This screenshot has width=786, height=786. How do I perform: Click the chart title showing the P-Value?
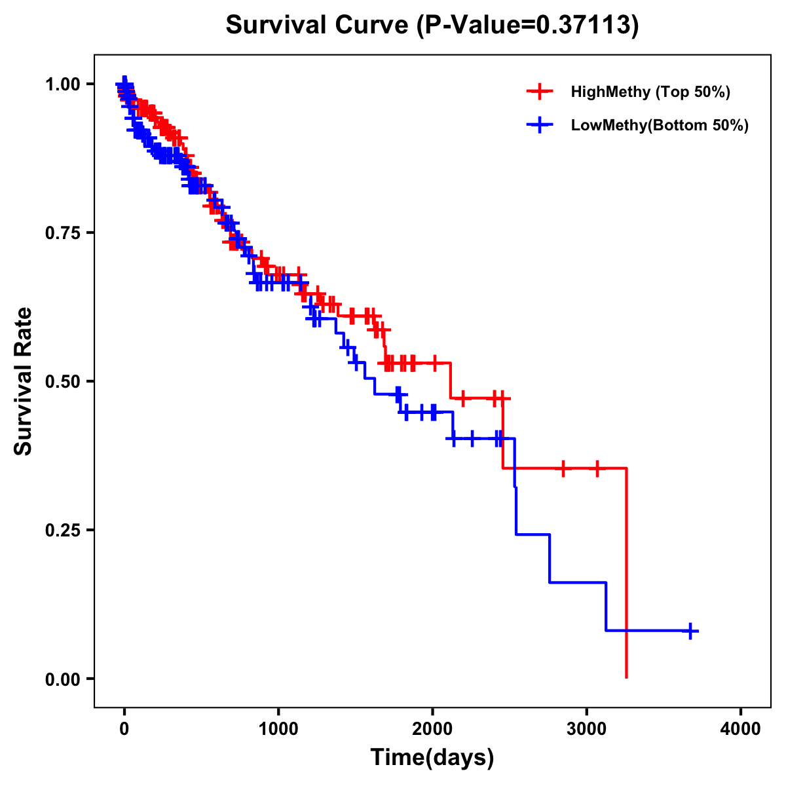tap(432, 25)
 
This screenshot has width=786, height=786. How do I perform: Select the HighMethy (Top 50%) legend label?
tap(650, 92)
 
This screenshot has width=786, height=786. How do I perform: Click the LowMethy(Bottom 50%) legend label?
tap(660, 125)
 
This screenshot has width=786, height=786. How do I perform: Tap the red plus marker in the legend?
tap(540, 92)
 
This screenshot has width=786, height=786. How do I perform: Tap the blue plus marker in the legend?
tap(540, 125)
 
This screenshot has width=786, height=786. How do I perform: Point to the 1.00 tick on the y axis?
tap(63, 84)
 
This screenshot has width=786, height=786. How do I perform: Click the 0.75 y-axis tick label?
tap(63, 233)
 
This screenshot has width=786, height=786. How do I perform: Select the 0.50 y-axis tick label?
tap(63, 382)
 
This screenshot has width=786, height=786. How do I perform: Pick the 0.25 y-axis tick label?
tap(63, 531)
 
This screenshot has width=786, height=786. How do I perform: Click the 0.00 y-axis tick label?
tap(63, 679)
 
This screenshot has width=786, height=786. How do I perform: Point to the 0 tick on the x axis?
tap(124, 729)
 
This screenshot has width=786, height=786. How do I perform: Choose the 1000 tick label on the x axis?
tap(278, 729)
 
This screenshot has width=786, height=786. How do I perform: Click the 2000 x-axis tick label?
tap(432, 729)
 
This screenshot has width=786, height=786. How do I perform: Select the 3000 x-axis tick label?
tap(586, 729)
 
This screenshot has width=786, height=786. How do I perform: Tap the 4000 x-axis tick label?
tap(741, 729)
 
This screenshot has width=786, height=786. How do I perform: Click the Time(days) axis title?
tap(432, 758)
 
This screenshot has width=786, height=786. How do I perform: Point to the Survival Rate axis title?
tap(24, 381)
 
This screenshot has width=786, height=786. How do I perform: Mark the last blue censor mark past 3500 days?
tap(690, 631)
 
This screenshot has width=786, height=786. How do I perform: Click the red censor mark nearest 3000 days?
tap(597, 468)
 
